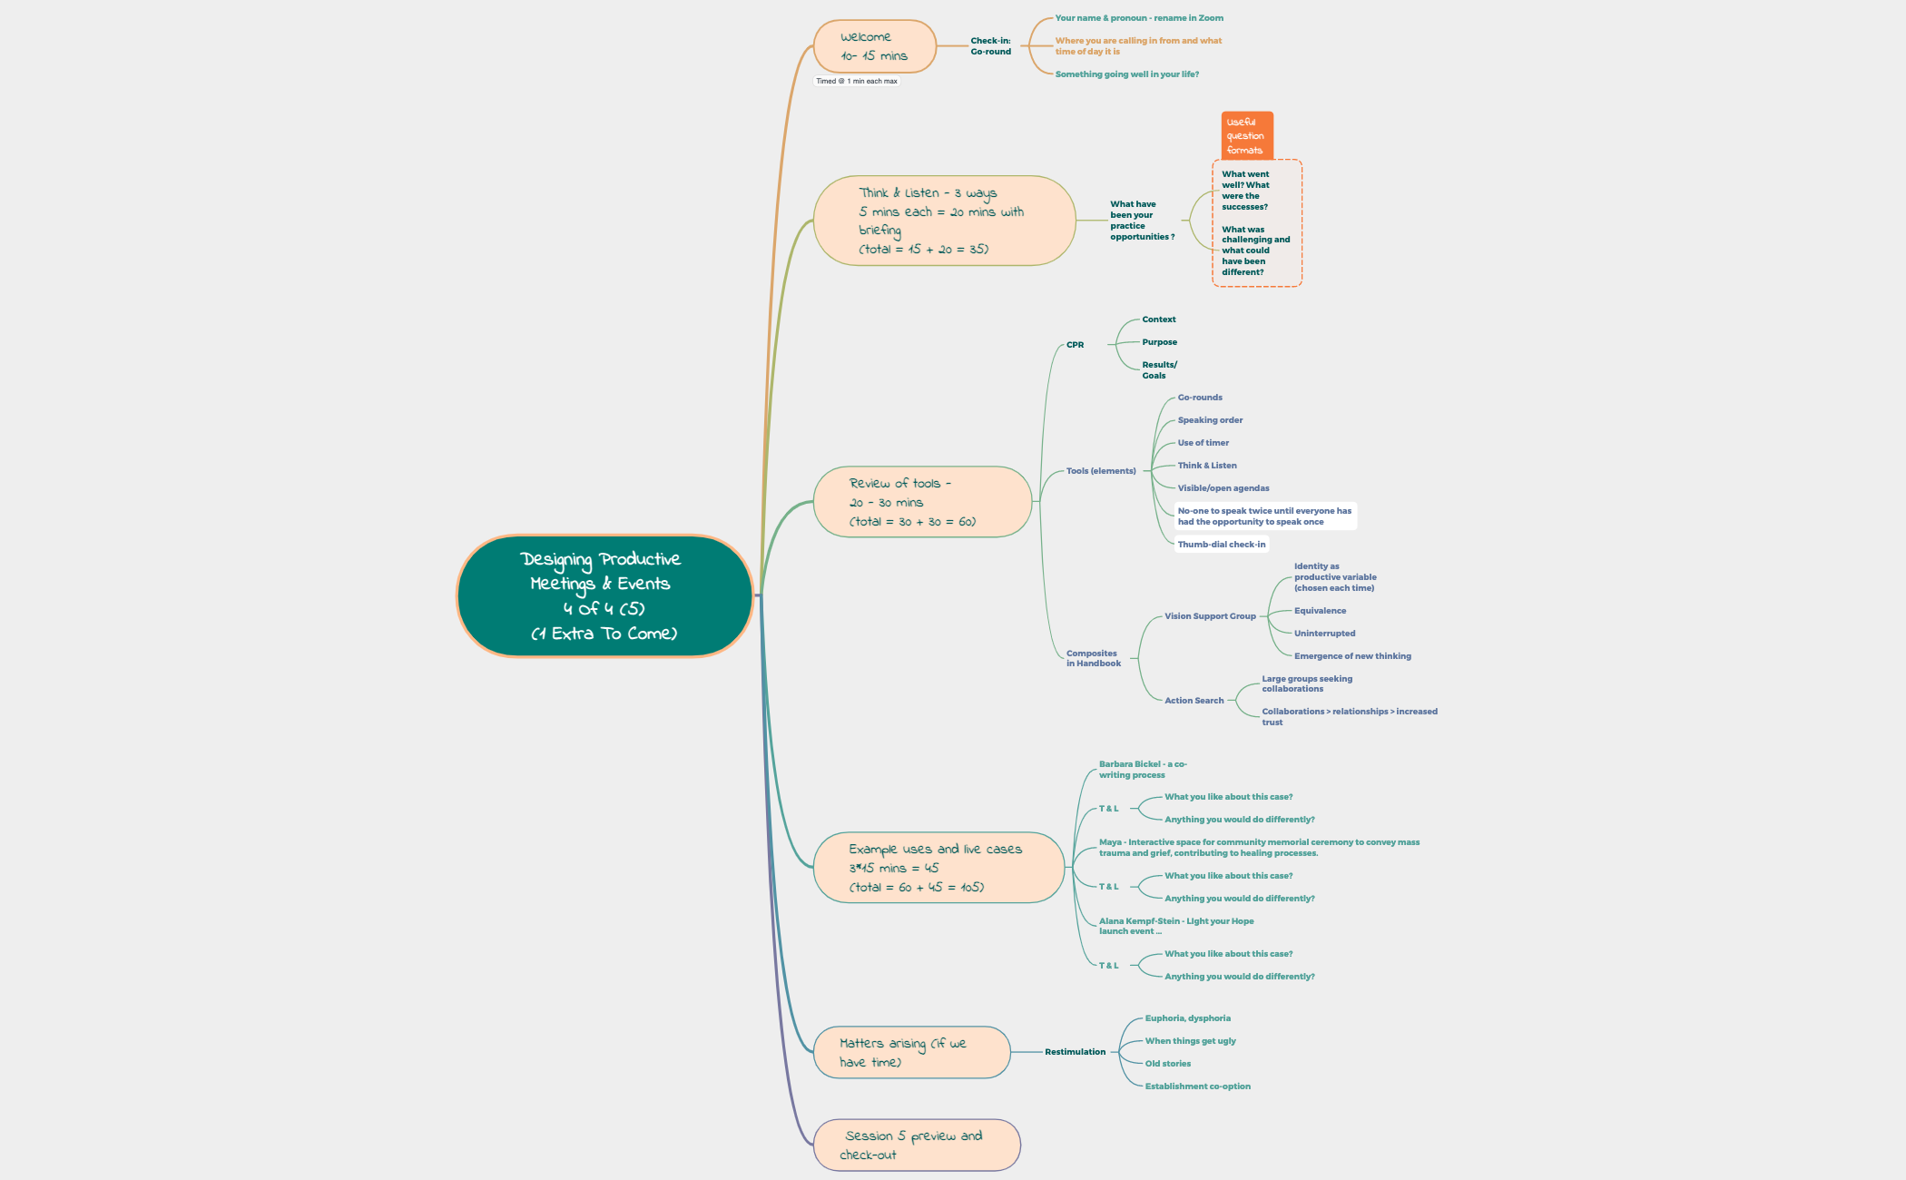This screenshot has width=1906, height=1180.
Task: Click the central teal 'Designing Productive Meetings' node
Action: point(604,595)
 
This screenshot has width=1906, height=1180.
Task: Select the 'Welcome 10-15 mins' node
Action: point(874,46)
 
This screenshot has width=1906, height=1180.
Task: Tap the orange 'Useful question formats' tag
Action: point(1246,136)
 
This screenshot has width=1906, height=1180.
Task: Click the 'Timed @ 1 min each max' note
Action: point(856,81)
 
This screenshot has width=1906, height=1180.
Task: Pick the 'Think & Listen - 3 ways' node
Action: point(943,221)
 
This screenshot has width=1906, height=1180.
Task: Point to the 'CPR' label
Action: point(1075,345)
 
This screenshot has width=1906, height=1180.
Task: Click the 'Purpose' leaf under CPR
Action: point(1159,342)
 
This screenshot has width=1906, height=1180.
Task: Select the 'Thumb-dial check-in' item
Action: point(1221,545)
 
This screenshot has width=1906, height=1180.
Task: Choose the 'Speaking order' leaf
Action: point(1210,420)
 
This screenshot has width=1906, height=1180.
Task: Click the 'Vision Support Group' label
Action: point(1210,616)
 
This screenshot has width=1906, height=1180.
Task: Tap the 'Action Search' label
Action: point(1194,701)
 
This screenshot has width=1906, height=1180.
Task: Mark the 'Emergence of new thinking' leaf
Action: point(1351,656)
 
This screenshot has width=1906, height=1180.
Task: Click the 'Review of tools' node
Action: point(921,502)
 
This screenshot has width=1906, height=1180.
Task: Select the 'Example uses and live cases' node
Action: point(938,868)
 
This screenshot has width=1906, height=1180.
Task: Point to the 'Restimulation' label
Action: point(1075,1052)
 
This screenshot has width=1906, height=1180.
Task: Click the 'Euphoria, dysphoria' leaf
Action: point(1187,1018)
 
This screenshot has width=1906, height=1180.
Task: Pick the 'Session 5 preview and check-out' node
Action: point(916,1145)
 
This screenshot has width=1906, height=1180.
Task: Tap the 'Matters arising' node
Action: point(910,1052)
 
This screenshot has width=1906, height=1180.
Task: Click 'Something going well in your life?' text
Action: point(1126,74)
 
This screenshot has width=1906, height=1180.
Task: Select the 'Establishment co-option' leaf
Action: point(1197,1087)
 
